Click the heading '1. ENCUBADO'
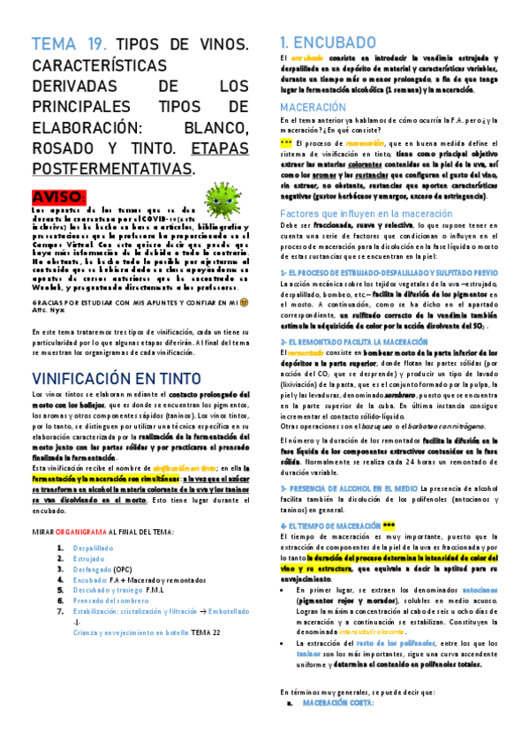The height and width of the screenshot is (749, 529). click(x=327, y=42)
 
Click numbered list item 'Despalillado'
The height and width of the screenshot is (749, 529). click(x=94, y=548)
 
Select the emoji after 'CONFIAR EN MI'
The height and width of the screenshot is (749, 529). click(x=245, y=300)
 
